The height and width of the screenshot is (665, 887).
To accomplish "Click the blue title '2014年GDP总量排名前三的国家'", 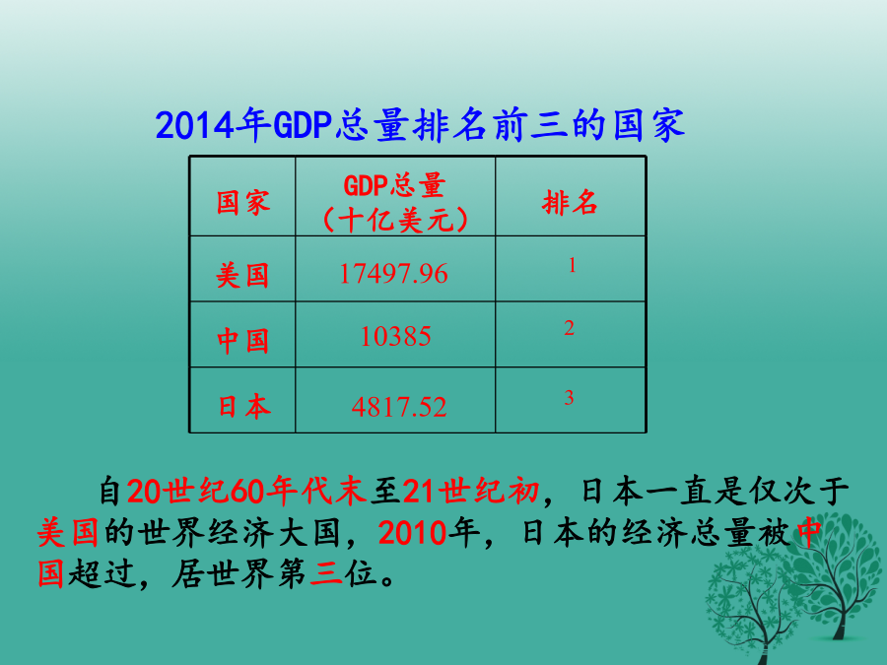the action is [x=420, y=124].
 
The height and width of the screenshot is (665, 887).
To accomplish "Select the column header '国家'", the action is [x=243, y=202].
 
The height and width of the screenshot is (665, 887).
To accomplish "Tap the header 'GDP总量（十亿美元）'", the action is [x=395, y=202].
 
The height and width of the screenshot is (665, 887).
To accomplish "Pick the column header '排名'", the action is [x=570, y=202].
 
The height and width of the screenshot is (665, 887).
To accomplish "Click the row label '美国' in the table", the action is [x=242, y=276].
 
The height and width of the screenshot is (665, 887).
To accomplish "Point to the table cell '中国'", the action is [x=242, y=341].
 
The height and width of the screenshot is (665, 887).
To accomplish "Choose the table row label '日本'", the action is [x=243, y=407].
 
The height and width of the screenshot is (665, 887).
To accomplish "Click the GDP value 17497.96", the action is [x=393, y=274].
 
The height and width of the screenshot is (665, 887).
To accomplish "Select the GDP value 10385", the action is [x=395, y=337].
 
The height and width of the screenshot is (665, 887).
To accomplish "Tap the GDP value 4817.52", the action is [x=399, y=407].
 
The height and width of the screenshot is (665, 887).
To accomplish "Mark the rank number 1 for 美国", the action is [x=572, y=265].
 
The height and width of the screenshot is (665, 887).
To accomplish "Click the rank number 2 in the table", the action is [x=569, y=328].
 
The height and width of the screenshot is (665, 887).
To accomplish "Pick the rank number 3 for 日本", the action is [x=569, y=398].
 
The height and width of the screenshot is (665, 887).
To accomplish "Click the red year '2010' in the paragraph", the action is [x=412, y=533].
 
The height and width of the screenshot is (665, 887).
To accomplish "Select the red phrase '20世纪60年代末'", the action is [x=247, y=491].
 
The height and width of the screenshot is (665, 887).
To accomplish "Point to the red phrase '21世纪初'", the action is [x=471, y=491].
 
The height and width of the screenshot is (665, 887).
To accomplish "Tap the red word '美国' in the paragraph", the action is [x=68, y=533].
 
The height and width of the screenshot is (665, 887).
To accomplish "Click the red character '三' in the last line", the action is [x=326, y=573].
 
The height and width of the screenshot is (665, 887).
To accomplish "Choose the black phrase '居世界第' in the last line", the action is [x=239, y=573].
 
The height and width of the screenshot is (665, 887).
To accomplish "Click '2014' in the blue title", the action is [x=194, y=125].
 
